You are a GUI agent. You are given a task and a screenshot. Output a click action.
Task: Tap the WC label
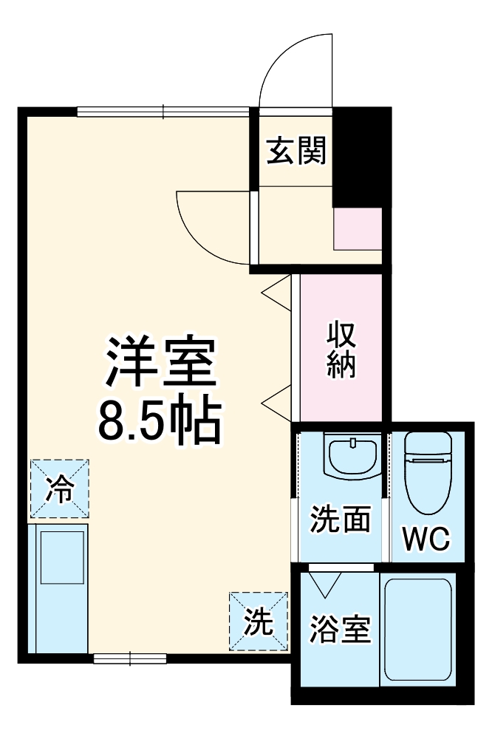point(425,539)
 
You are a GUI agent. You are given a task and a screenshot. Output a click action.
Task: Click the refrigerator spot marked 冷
point(59,488)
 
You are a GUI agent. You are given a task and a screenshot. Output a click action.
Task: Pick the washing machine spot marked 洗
point(258,621)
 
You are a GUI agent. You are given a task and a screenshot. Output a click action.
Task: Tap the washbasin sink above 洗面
point(352,456)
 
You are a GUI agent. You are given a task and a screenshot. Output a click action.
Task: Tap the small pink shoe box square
point(358,229)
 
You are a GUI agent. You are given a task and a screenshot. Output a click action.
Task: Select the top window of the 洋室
point(163,112)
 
